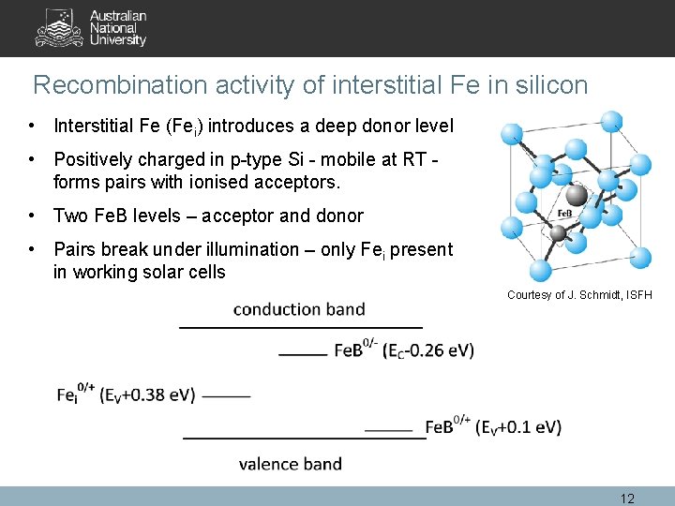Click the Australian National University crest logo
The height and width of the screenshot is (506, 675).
tap(59, 28)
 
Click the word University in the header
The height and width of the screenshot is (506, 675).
tap(118, 40)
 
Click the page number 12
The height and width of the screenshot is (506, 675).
tap(627, 499)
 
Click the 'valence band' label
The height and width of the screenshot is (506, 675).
tap(290, 463)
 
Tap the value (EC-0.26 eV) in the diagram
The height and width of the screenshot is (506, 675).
tap(429, 350)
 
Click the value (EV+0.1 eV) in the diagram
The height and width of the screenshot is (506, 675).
tap(518, 427)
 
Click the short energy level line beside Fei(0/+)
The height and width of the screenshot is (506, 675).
tap(226, 396)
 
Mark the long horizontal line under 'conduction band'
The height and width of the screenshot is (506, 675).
tap(300, 327)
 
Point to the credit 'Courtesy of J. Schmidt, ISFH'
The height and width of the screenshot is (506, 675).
tap(578, 295)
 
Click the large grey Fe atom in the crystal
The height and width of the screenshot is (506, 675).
tap(577, 195)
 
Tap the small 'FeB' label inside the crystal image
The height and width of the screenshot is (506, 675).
tap(564, 214)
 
